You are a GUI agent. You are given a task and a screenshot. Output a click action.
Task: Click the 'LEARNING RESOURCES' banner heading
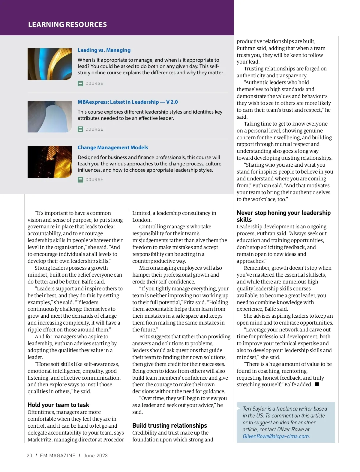67,25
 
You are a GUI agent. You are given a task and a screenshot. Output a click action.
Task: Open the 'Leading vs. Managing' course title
104,50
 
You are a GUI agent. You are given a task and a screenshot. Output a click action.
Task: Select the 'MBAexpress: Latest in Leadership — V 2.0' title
127,102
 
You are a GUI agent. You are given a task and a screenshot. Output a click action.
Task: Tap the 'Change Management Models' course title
113,147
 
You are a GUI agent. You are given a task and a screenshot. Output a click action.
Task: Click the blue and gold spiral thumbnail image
49,64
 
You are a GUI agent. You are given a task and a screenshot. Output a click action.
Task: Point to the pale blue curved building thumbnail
49,117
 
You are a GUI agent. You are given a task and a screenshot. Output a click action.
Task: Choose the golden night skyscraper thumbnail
49,162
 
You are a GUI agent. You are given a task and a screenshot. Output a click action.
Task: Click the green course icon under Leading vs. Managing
80,84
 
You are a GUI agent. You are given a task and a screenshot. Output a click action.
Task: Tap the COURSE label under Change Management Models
94,180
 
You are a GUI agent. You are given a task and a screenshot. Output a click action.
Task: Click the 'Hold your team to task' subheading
58,405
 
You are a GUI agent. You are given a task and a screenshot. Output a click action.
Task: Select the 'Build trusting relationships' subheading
169,426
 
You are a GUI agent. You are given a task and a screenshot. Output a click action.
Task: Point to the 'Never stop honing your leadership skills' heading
283,216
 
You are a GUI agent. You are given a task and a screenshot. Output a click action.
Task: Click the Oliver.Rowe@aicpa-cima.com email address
276,436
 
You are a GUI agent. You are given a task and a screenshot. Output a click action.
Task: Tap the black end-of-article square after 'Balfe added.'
317,384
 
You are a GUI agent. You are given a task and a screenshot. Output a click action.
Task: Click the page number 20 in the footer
29,456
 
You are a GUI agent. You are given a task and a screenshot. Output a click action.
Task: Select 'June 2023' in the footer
95,456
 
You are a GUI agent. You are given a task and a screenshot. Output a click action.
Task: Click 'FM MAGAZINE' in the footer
58,456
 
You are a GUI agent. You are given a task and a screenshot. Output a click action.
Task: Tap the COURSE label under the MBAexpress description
94,129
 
